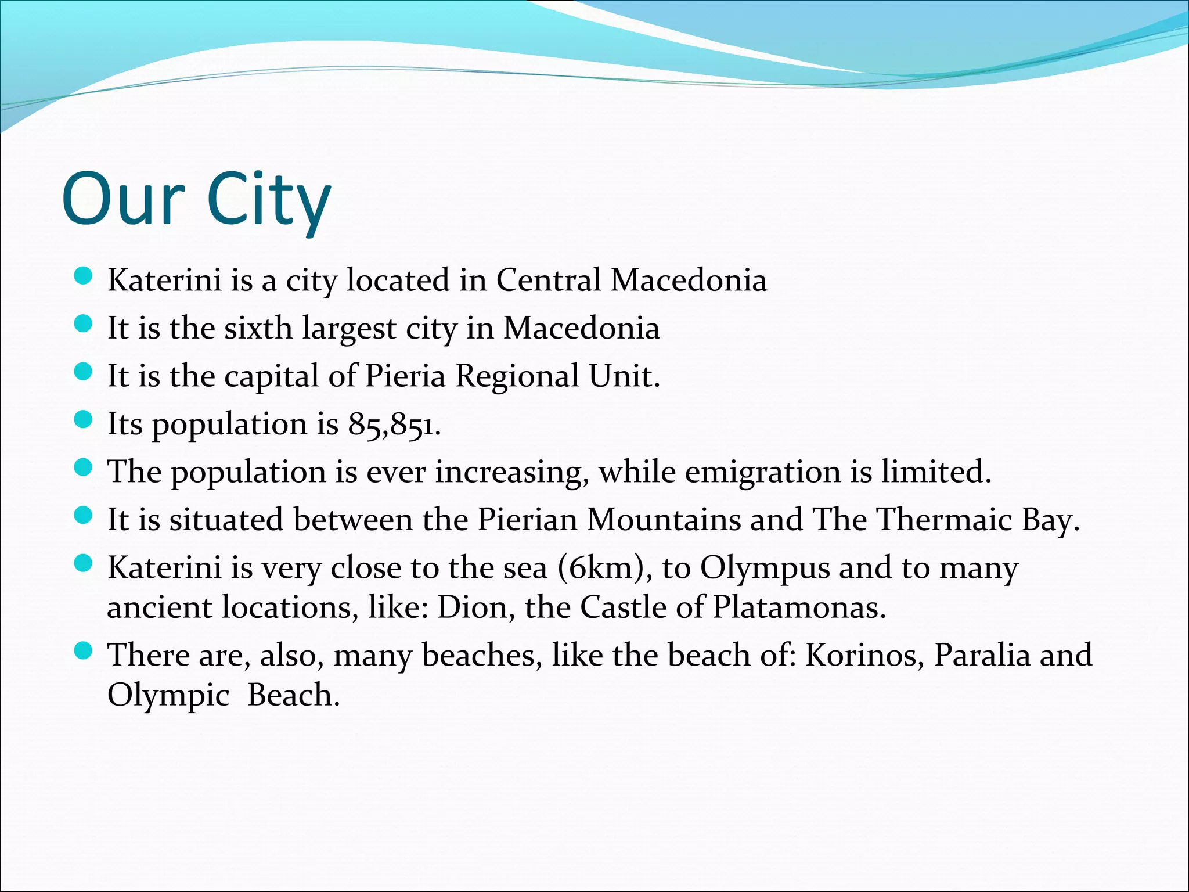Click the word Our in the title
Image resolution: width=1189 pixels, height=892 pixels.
123,199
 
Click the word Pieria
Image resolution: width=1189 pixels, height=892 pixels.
405,376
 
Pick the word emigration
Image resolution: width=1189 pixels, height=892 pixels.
762,472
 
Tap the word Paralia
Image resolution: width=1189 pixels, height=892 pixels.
982,655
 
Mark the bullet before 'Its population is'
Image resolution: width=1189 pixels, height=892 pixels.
84,420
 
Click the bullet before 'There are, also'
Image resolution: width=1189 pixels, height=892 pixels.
84,650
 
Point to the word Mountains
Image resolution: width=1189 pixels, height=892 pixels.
664,519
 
